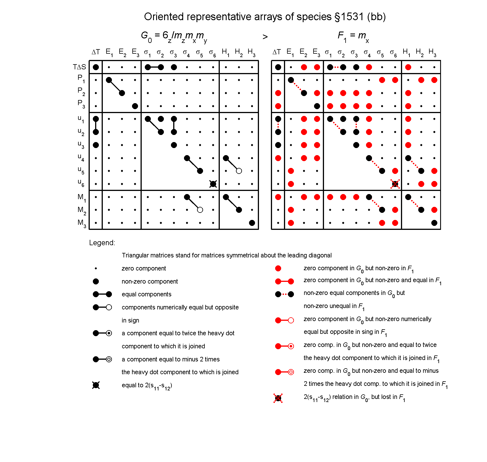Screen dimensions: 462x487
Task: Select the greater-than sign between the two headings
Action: (x=265, y=37)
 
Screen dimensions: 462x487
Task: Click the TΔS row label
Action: (x=79, y=67)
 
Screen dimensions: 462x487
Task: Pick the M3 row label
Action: (x=81, y=223)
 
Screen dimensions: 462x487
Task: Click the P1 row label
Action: (x=81, y=79)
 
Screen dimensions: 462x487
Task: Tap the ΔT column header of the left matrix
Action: (x=96, y=52)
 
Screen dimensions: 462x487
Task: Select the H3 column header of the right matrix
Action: (x=432, y=52)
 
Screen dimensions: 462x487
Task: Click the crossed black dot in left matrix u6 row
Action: (x=213, y=184)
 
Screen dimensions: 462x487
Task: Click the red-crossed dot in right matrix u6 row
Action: (x=395, y=184)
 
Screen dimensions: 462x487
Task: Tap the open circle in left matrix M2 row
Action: (x=200, y=210)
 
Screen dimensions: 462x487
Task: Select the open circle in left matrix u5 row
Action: (x=239, y=171)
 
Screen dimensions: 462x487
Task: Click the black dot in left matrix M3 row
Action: (x=252, y=223)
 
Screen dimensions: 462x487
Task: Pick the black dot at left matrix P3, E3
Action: (x=135, y=106)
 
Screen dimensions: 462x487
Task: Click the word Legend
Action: (x=102, y=243)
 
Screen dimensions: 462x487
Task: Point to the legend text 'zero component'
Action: (x=144, y=269)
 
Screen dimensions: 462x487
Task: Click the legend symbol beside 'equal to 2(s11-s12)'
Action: (x=96, y=385)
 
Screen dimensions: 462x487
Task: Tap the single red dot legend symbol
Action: (x=278, y=269)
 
